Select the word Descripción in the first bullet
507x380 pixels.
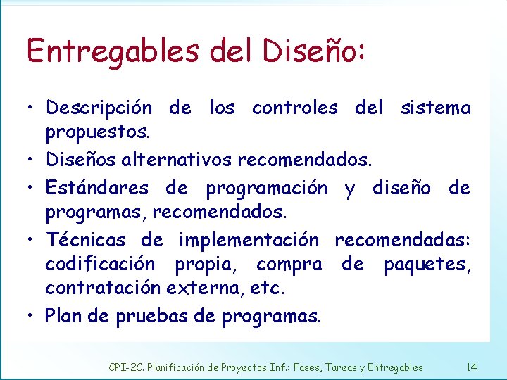point(99,108)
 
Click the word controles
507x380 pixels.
point(294,108)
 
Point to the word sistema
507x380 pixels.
point(435,108)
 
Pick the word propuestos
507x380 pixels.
point(96,132)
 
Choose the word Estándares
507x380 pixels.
point(97,188)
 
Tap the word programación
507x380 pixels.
point(266,189)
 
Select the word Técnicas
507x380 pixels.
point(85,240)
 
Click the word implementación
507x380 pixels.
point(249,241)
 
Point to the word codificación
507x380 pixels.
point(100,265)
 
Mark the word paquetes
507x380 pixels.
point(427,265)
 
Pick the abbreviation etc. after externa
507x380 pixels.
point(272,288)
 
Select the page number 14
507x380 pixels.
point(471,367)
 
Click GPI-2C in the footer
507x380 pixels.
point(124,367)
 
